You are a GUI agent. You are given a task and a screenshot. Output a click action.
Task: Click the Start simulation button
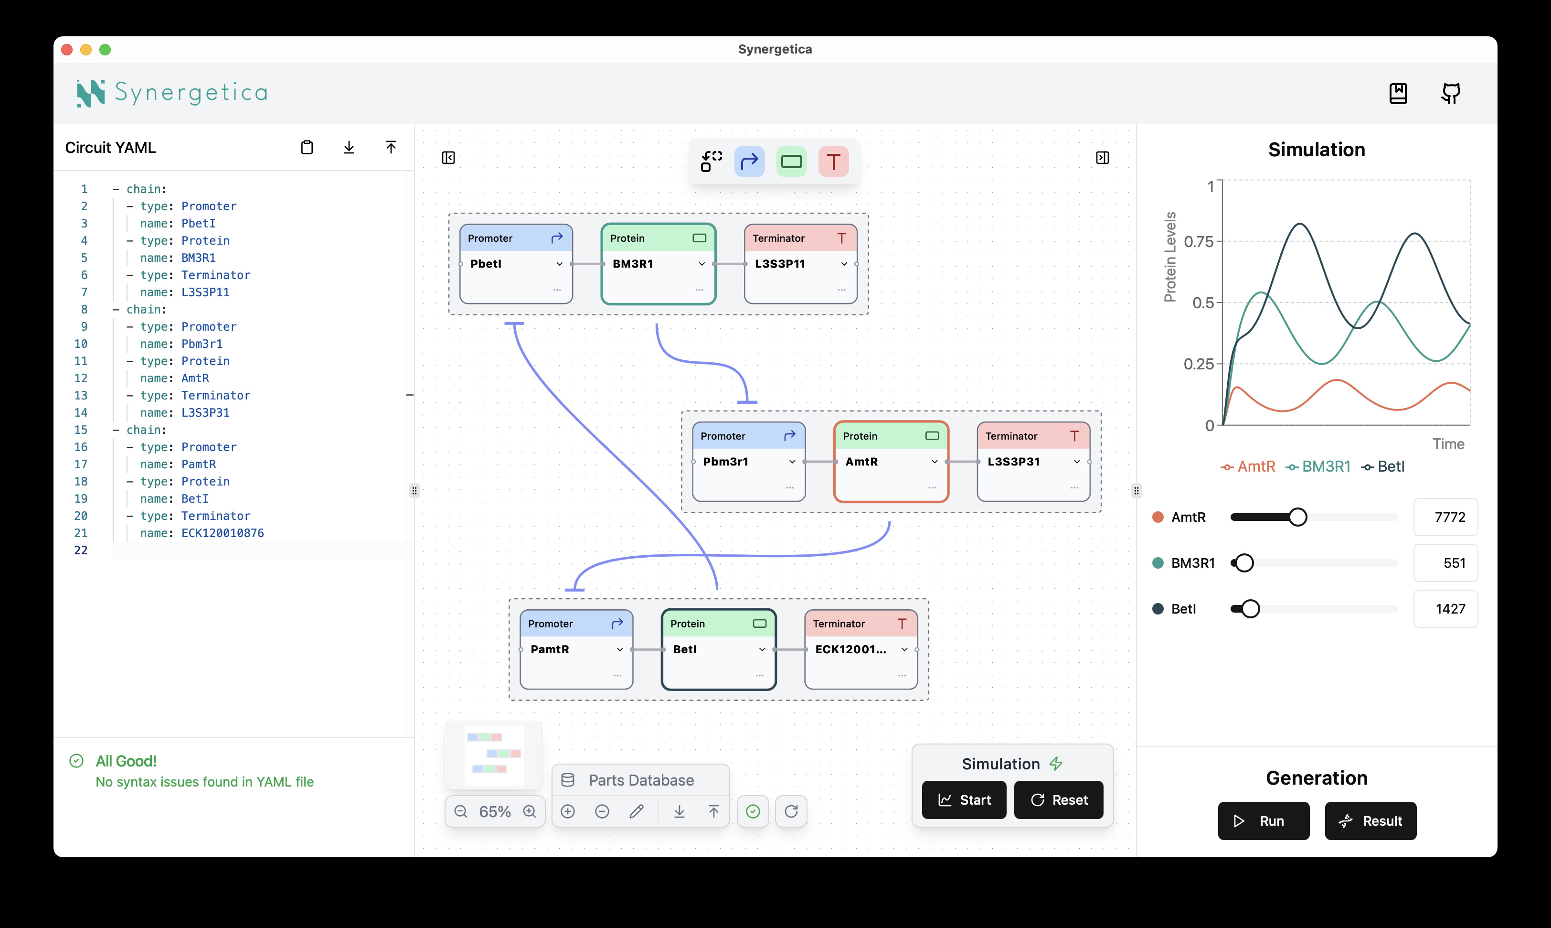964,800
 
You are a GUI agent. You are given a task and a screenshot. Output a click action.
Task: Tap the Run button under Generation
1263,820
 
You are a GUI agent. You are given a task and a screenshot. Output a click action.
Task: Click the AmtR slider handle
1297,517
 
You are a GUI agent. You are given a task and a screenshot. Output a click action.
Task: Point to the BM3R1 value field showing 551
1445,563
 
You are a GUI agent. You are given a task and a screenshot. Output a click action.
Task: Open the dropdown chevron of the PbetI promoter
559,264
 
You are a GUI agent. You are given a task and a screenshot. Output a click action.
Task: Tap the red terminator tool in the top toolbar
833,162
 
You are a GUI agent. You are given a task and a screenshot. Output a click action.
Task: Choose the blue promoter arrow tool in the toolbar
749,162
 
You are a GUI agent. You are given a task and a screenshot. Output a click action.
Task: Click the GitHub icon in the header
1450,94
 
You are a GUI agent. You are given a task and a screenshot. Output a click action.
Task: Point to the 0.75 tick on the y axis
1199,241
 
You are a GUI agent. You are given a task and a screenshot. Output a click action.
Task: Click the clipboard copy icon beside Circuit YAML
307,148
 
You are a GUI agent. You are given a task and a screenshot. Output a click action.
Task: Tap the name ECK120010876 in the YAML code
223,533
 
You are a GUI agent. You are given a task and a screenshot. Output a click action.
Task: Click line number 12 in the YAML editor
81,378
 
